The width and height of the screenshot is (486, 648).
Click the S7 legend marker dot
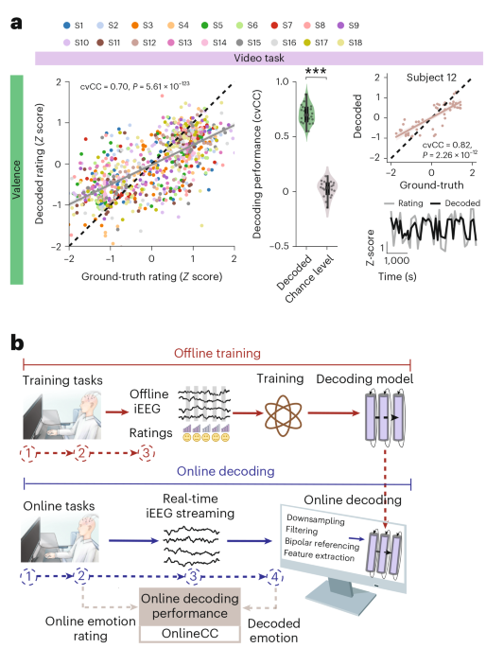(x=274, y=26)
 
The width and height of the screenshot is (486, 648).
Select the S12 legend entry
(x=144, y=43)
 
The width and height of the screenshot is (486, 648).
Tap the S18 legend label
(x=356, y=43)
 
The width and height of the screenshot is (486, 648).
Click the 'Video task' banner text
(x=259, y=58)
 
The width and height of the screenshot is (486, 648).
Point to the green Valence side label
(x=16, y=180)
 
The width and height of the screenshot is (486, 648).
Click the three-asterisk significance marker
(x=316, y=71)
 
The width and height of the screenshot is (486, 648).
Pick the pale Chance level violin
(x=327, y=191)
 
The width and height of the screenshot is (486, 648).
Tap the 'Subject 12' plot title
(x=431, y=78)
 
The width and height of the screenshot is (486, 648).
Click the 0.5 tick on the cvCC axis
(x=283, y=136)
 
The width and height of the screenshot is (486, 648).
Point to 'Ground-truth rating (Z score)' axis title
(x=151, y=276)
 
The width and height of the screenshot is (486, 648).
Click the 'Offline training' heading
(x=217, y=354)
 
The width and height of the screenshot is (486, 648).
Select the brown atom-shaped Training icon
(x=283, y=415)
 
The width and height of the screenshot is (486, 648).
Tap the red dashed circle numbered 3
(x=147, y=453)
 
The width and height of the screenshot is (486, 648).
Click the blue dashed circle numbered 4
(x=275, y=576)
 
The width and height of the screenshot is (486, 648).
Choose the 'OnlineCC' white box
(x=189, y=634)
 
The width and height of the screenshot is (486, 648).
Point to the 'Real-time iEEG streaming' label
(x=190, y=506)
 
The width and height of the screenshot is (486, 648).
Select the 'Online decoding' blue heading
(x=225, y=471)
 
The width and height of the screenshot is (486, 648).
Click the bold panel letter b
(x=17, y=343)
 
